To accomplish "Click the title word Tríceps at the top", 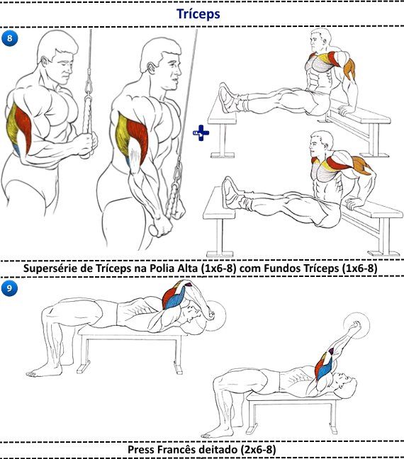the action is [198, 14].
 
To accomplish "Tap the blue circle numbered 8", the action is [10, 38].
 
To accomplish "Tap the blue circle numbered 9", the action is [10, 288].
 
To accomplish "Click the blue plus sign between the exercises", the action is [201, 133].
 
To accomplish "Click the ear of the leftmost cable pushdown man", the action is [45, 62].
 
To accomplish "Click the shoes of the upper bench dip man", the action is [227, 98].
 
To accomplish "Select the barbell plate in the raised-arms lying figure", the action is [357, 326].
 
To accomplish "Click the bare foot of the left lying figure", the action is [44, 373].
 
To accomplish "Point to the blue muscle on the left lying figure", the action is [175, 299].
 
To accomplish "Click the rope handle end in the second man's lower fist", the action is [154, 230].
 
